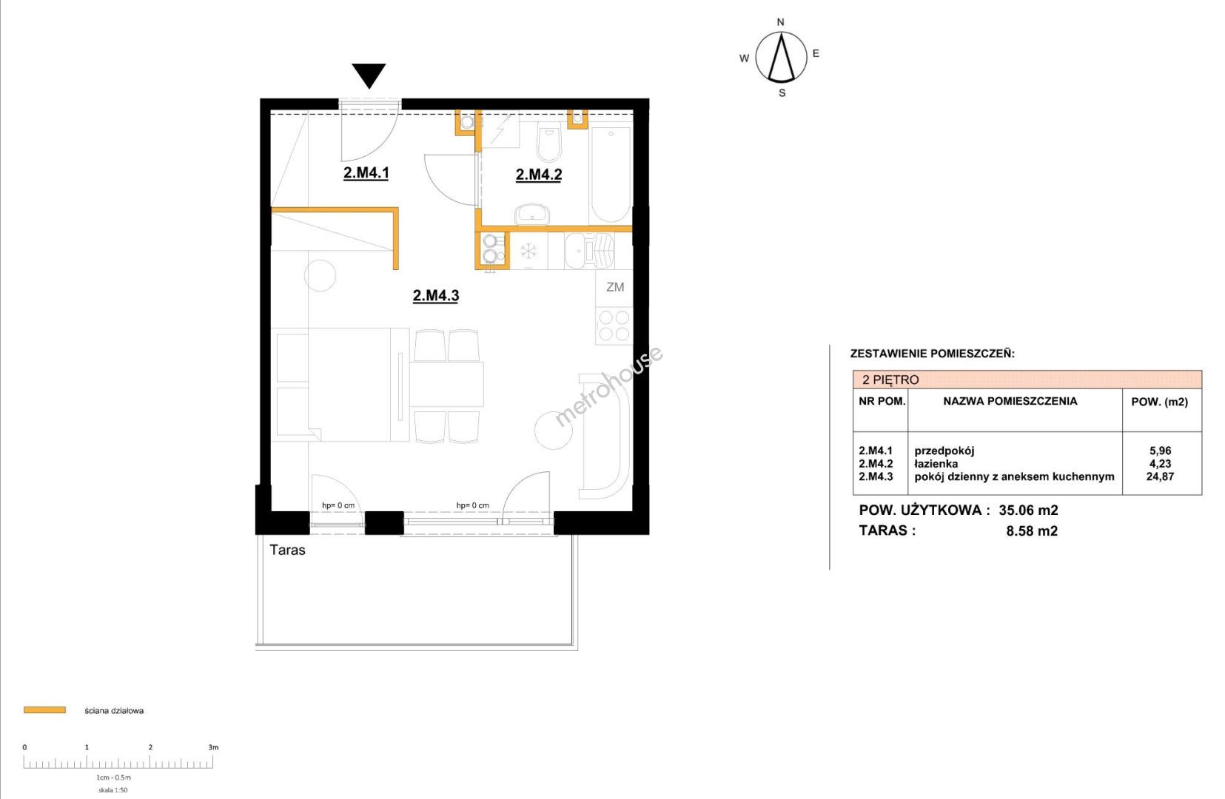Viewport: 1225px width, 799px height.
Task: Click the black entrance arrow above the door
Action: (369, 75)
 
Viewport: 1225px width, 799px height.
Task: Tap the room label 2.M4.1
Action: (366, 172)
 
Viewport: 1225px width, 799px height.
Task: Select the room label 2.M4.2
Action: (539, 175)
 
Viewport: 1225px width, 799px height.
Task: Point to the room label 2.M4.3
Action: (436, 296)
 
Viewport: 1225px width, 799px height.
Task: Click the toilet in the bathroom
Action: (548, 141)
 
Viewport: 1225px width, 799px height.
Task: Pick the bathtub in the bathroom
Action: (611, 175)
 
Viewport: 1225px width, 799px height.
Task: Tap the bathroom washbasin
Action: (532, 215)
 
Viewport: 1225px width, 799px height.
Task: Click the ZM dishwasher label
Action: (614, 287)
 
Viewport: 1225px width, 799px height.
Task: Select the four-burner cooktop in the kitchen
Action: (614, 326)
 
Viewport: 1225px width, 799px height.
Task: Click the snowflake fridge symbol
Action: (528, 251)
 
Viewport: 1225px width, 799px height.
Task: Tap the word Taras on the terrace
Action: (287, 550)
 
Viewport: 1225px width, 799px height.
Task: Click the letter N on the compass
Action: (780, 22)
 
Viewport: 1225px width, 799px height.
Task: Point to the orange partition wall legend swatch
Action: (45, 710)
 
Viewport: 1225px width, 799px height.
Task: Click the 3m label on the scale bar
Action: (213, 747)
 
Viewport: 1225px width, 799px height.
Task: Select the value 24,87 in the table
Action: (1160, 476)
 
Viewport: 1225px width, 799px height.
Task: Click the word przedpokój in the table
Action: (944, 451)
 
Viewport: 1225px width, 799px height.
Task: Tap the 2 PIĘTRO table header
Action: (890, 380)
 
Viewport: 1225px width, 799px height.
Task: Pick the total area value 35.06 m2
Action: (1028, 510)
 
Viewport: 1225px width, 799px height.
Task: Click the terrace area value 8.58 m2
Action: (1032, 530)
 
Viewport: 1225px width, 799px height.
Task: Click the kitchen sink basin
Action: (576, 251)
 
